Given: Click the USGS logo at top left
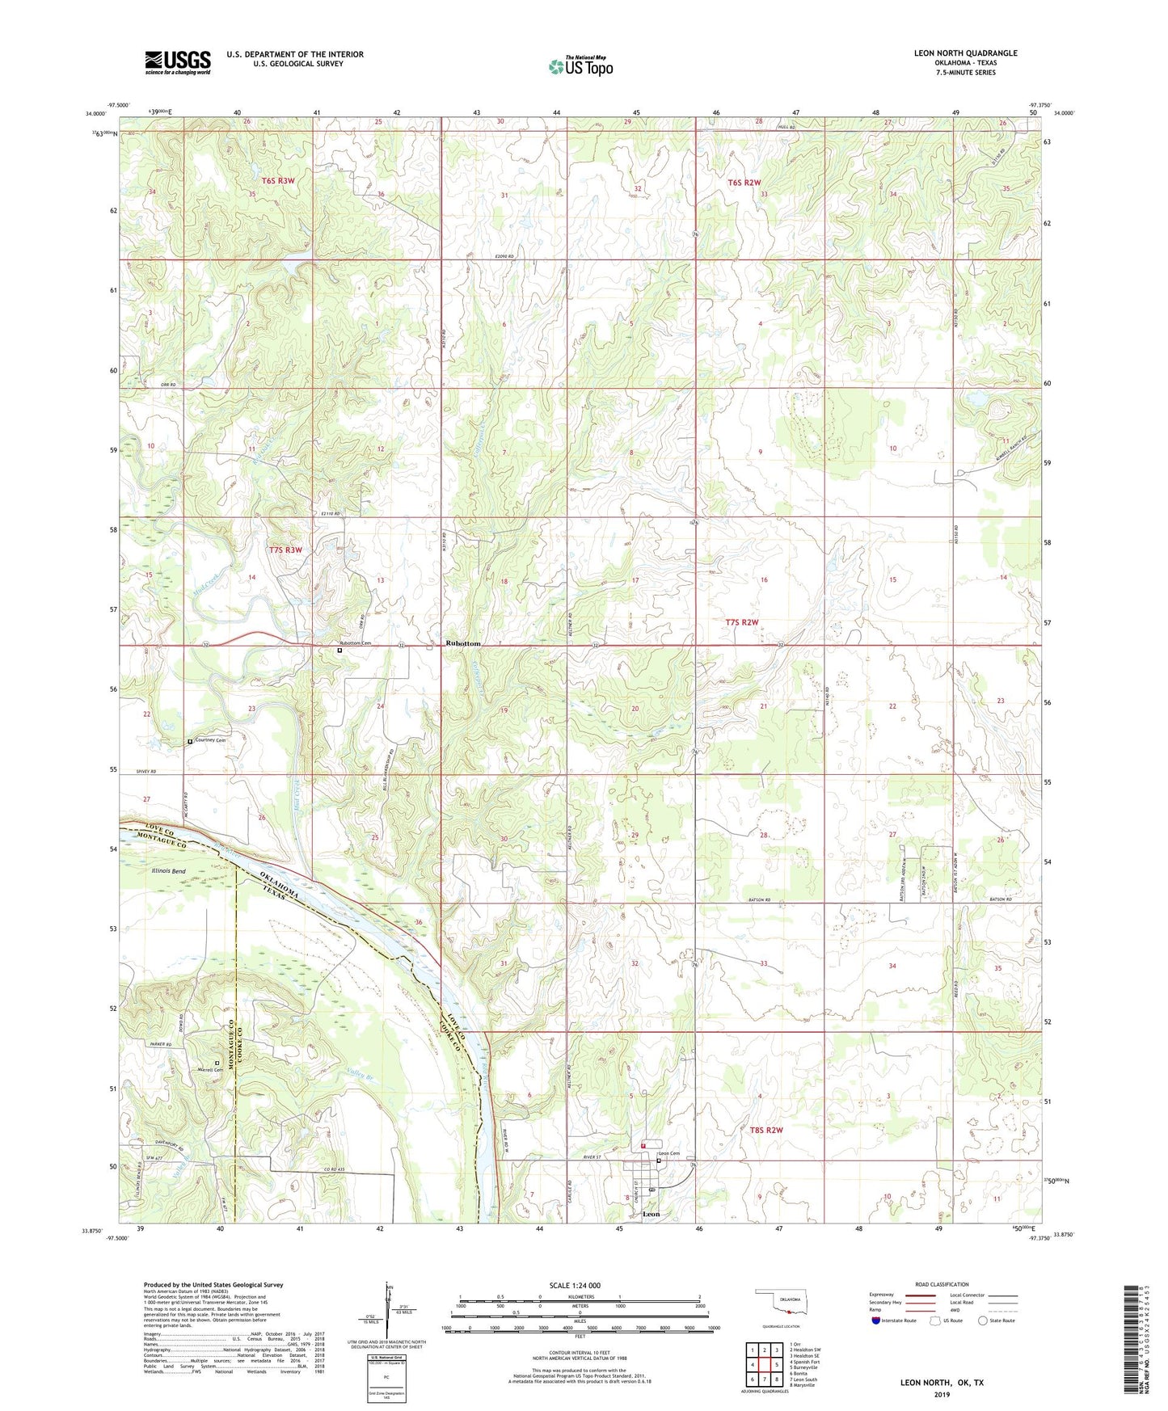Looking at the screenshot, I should pos(177,62).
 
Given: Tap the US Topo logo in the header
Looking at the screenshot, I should pos(580,65).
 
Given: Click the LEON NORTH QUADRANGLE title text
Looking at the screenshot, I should pos(965,53).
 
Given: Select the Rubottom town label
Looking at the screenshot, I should pos(463,643).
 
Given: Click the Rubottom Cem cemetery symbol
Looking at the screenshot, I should pos(339,651).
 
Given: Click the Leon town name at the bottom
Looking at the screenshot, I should pos(650,1215).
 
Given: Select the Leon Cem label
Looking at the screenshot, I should pos(669,1153).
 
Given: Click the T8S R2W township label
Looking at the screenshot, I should pos(766,1130).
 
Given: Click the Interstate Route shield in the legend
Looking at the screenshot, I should pos(877,1320).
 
